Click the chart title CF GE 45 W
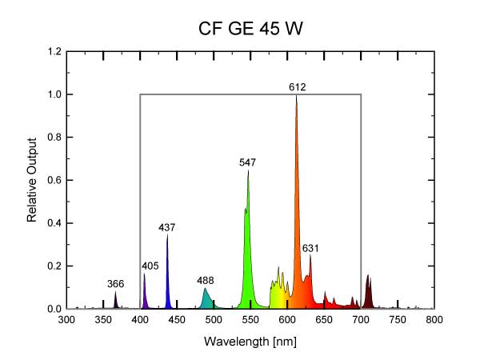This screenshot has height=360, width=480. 250,29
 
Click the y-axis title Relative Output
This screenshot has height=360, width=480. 33,180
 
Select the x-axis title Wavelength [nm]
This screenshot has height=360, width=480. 250,342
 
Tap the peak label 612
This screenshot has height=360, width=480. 298,86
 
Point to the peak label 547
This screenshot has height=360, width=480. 247,162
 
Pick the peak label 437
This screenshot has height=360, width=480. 166,228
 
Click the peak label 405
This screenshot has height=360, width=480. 150,266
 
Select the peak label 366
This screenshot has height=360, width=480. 115,284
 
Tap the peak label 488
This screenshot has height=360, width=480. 206,281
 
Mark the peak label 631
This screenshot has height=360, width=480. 310,249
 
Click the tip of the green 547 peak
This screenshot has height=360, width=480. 248,171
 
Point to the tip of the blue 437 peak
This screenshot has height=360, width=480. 167,236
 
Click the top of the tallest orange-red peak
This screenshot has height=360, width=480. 297,96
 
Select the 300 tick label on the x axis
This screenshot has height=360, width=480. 66,320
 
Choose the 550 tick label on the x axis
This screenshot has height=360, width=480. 250,320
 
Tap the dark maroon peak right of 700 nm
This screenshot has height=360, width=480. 369,292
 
